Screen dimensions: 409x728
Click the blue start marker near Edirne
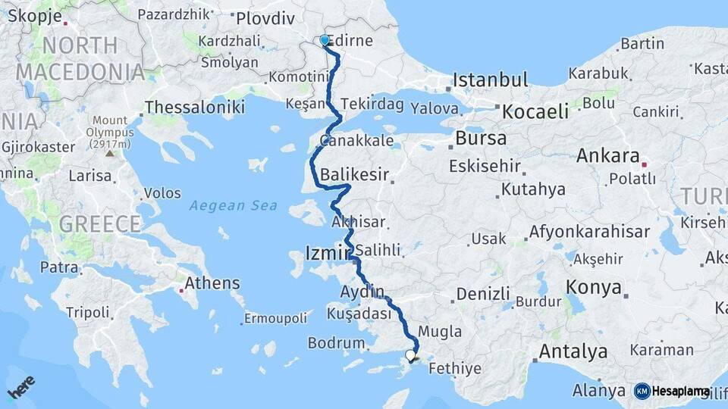coord(325,40)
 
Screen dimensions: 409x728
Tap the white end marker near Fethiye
coord(410,354)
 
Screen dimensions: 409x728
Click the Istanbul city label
coord(490,80)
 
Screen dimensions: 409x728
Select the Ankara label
coord(607,156)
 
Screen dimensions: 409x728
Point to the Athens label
coord(214,283)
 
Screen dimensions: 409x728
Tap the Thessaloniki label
coord(195,108)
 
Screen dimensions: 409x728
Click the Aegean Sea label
coord(234,205)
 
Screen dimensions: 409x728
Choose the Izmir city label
coord(328,252)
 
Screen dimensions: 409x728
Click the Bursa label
coord(481,139)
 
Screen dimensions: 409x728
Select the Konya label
coord(594,288)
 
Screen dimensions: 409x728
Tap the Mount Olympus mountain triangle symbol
coord(111,154)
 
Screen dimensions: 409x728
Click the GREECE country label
coord(100,224)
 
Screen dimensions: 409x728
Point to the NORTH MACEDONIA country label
coord(80,59)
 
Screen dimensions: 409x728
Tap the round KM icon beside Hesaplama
coord(642,391)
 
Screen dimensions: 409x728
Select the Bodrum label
coord(336,343)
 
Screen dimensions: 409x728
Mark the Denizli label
coord(483,294)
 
